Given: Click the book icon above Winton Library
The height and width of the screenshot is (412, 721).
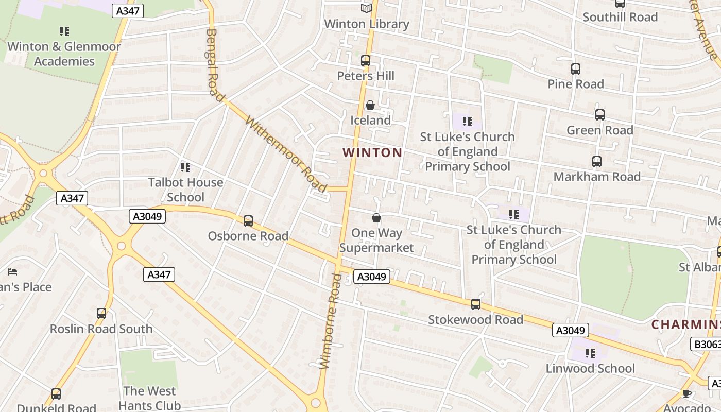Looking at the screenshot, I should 366,8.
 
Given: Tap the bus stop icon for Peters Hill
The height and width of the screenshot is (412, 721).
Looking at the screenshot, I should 366,61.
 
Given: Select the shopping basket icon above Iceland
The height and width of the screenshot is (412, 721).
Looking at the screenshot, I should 370,106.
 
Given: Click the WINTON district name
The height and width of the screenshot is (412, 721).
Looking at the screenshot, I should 372,152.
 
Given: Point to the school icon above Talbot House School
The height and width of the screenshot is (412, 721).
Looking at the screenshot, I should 185,167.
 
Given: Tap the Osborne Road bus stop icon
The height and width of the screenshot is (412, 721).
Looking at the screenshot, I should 248,221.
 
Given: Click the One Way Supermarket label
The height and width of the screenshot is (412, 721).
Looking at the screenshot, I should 376,240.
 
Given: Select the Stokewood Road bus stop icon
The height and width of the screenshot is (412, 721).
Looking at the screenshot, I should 476,304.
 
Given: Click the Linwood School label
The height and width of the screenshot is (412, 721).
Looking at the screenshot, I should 590,368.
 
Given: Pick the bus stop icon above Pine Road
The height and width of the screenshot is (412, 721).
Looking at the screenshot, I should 576,69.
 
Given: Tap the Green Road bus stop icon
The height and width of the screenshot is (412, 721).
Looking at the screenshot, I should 600,115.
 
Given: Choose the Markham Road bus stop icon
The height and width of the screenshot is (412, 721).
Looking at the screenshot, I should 597,162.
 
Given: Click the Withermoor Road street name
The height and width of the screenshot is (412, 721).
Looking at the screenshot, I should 286,154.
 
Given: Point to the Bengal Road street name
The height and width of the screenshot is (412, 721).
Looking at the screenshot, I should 215,64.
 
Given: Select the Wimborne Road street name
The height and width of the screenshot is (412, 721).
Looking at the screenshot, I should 331,321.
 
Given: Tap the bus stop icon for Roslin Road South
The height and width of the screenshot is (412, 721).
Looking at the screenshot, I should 101,314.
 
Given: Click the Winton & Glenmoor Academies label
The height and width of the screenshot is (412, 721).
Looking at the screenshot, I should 64,54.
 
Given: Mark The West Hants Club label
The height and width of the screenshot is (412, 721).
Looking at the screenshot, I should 149,398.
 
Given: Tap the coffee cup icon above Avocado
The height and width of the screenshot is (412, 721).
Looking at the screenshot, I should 686,394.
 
